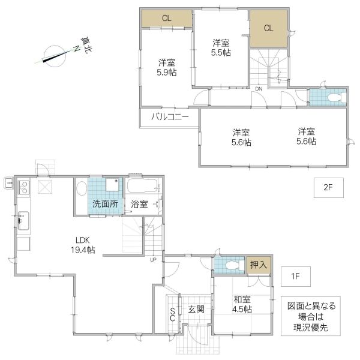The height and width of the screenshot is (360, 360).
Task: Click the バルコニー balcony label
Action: coord(169,116)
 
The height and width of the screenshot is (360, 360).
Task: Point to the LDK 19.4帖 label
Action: coord(82,246)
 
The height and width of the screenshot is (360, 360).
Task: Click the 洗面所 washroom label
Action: coord(105,204)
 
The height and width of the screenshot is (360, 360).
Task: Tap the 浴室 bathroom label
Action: coord(139,204)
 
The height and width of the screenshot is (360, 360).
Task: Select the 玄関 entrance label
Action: coord(196,310)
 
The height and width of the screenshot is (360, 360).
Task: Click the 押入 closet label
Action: coord(259,265)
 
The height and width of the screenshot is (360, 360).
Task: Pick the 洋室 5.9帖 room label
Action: coord(167,67)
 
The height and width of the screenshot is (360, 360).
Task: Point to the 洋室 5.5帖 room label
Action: coord(221,47)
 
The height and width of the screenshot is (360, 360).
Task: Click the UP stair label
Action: coord(154,260)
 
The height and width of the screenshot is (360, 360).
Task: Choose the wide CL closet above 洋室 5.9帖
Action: coord(166,19)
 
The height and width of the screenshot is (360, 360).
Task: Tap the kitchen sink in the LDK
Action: coord(23,222)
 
